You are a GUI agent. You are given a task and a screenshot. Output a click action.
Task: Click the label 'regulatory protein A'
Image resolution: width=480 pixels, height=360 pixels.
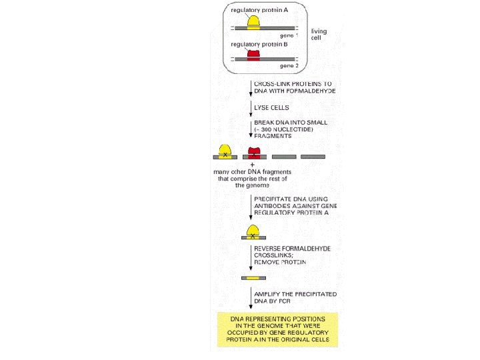260,11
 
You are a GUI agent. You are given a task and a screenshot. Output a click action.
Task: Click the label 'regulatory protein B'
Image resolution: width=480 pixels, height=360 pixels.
260,45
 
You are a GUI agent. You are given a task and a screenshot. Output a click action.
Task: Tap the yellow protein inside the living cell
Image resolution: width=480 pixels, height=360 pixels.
254,22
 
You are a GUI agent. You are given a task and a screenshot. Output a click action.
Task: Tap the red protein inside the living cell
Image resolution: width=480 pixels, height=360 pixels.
254,54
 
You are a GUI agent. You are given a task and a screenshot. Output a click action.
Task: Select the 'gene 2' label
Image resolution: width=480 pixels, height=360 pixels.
289,67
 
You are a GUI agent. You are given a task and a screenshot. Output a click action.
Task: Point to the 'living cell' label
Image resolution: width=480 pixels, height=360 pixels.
319,35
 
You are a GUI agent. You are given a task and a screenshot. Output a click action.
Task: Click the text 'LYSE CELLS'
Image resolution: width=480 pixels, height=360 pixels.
271,106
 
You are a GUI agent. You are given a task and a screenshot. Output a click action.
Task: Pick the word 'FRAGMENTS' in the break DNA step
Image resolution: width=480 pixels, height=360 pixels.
273,135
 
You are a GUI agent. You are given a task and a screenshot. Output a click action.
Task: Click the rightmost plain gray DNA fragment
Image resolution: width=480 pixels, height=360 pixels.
313,157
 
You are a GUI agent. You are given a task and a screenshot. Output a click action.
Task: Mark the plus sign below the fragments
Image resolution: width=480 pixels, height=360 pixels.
252,165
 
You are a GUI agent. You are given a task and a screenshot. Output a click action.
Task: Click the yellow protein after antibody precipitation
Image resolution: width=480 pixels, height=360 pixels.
254,231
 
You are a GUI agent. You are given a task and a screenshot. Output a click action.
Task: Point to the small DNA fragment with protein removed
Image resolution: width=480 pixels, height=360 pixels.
254,277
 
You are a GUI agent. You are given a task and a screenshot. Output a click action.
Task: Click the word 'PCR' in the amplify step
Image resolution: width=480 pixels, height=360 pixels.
274,301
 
